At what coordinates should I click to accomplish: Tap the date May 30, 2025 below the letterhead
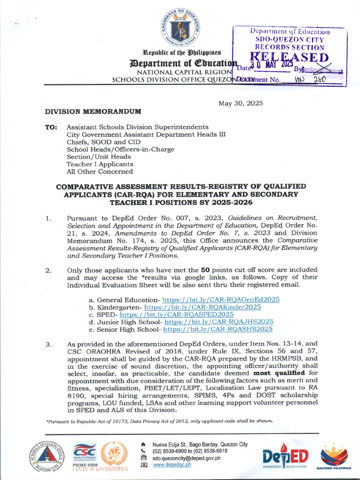[x=240, y=103]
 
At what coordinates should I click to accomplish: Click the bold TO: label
[x=51, y=127]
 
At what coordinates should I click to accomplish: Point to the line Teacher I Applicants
[x=100, y=164]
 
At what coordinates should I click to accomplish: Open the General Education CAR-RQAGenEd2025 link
[x=221, y=300]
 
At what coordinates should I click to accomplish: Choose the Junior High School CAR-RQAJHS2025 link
[x=219, y=322]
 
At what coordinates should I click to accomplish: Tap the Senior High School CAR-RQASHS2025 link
[x=217, y=330]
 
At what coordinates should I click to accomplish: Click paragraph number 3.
[x=48, y=345]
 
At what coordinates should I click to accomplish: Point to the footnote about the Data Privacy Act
[x=159, y=420]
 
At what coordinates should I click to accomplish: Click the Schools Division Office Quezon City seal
[x=47, y=456]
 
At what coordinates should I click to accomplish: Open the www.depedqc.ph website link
[x=172, y=465]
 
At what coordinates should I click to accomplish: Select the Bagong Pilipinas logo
[x=334, y=457]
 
